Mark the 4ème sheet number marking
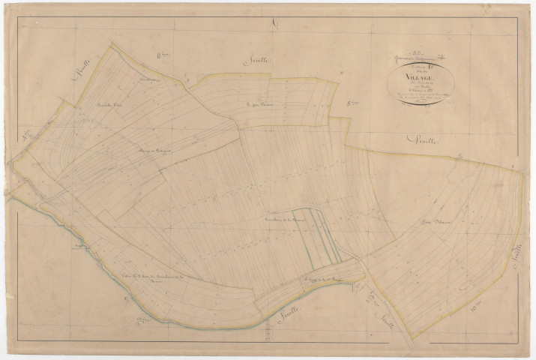click(26, 137)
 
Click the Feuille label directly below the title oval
click(424, 139)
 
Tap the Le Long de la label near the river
click(307, 281)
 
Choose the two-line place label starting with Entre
click(151, 281)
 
